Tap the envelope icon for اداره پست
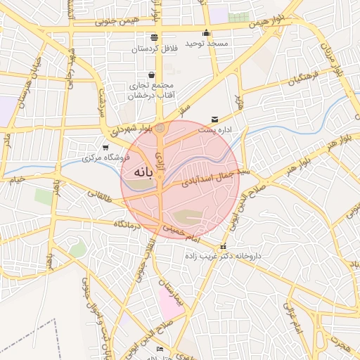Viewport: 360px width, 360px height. click(x=214, y=119)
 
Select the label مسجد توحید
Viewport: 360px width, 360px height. click(x=207, y=44)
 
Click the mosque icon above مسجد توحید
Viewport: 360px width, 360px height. click(x=206, y=32)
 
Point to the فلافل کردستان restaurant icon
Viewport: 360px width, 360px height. click(x=154, y=37)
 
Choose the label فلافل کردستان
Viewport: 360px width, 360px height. click(x=154, y=49)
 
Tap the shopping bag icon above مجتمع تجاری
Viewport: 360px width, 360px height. click(x=152, y=75)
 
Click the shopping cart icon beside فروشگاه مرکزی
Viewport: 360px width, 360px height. click(x=105, y=147)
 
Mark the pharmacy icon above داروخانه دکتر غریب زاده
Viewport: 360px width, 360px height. click(x=224, y=246)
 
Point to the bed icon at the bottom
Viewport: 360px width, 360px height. click(x=160, y=349)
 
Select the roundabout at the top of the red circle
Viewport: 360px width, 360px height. click(x=160, y=128)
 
